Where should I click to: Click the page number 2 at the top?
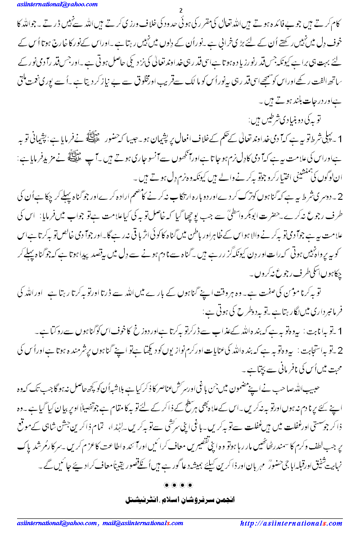(x=180, y=11)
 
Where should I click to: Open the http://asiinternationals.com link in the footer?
(x=291, y=523)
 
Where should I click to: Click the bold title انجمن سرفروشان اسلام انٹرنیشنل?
(x=180, y=499)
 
